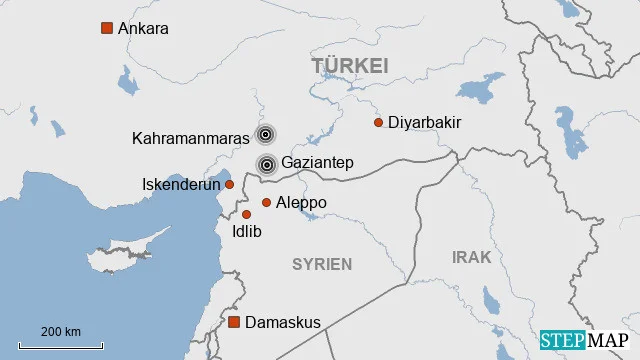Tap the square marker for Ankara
coord(107,28)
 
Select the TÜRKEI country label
coord(349,66)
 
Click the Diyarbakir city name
coord(424,122)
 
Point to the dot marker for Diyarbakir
coord(378,122)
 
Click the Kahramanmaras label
coord(190,138)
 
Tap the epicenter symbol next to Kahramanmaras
coord(265,134)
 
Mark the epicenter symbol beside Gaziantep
coord(266,164)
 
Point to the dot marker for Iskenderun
coord(229,184)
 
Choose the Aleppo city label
coord(301,202)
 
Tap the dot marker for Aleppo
coord(266,202)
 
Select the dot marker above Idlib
coord(246,214)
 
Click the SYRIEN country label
coord(322,264)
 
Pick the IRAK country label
coord(471,257)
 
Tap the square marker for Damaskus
coord(234,322)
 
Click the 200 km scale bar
coord(61,343)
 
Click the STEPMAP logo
coord(585,340)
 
